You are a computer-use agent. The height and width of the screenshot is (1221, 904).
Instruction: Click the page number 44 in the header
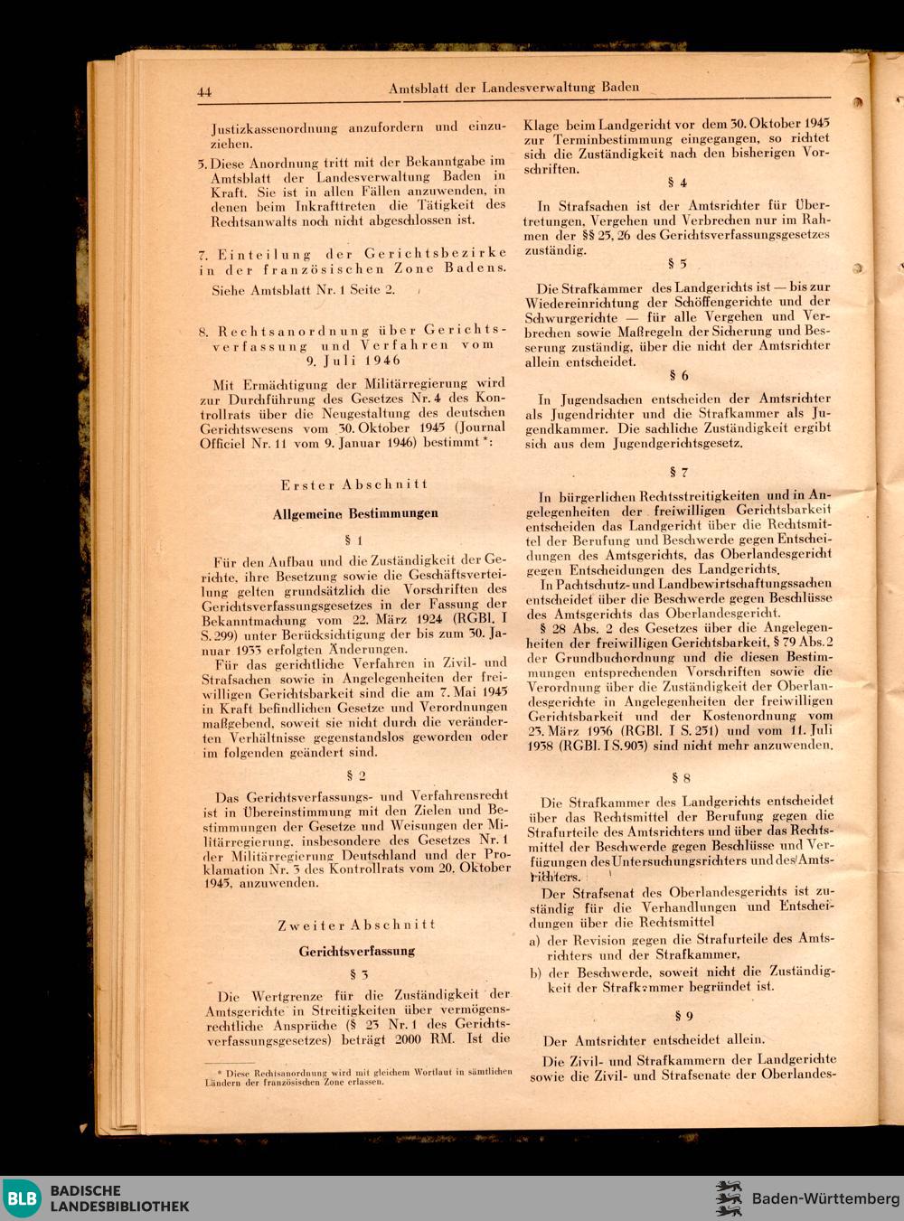click(x=203, y=91)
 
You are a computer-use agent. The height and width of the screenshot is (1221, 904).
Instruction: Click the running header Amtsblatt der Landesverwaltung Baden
click(x=513, y=88)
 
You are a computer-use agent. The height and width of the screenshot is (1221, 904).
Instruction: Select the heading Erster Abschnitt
click(x=353, y=484)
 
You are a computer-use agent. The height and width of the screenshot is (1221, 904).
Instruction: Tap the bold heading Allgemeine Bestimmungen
click(x=355, y=513)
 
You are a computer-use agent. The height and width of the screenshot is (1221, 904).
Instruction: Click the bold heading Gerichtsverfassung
click(x=357, y=951)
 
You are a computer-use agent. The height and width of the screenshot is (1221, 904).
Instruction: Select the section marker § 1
click(x=354, y=540)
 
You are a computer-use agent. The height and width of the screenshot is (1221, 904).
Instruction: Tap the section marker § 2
click(x=355, y=775)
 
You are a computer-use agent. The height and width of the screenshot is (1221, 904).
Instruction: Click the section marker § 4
click(x=677, y=183)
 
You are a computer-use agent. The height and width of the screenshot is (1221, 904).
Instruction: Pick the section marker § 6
click(x=678, y=375)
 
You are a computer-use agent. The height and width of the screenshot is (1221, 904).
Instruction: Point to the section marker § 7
click(x=678, y=472)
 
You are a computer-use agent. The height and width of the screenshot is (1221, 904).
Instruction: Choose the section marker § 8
click(x=680, y=777)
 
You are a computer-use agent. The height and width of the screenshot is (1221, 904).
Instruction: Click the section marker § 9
click(x=683, y=1016)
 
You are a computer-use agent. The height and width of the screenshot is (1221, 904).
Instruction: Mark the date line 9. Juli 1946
click(x=353, y=360)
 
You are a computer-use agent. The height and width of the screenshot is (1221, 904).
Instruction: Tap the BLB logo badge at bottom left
click(x=22, y=1198)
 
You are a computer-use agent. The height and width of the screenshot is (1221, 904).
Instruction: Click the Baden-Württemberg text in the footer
click(x=825, y=1198)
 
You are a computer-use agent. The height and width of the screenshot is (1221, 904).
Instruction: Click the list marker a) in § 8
click(x=535, y=940)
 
